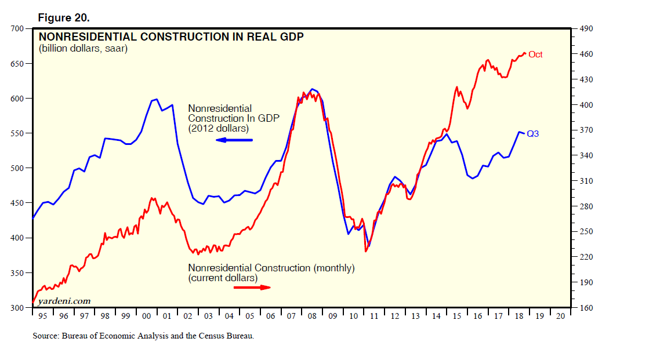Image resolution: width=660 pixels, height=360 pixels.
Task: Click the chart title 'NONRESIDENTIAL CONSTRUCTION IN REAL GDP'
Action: tap(171, 37)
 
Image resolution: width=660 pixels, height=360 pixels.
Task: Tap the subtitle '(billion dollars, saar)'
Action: tap(83, 49)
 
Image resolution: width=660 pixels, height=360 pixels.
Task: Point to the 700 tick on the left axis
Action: tap(16, 28)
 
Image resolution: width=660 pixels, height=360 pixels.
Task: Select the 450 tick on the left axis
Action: tap(16, 203)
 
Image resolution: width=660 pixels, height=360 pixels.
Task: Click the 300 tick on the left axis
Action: tap(16, 308)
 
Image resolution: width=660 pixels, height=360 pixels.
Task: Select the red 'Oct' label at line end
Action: tap(535, 54)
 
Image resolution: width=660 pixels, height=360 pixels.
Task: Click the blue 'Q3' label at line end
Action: tap(533, 134)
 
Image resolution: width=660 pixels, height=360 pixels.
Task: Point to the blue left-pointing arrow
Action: tap(234, 140)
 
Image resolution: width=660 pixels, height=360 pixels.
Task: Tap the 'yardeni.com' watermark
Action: tap(64, 301)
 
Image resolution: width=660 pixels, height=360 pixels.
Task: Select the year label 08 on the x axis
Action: tap(313, 317)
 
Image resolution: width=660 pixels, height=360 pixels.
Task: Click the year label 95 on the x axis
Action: tap(43, 317)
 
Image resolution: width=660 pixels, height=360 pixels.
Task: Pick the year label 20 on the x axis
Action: tap(560, 317)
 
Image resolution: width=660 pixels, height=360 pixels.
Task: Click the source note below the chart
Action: tap(143, 336)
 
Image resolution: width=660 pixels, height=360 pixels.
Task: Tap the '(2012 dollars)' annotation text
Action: tap(218, 128)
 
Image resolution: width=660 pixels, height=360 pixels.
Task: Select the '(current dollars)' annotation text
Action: tap(222, 278)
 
